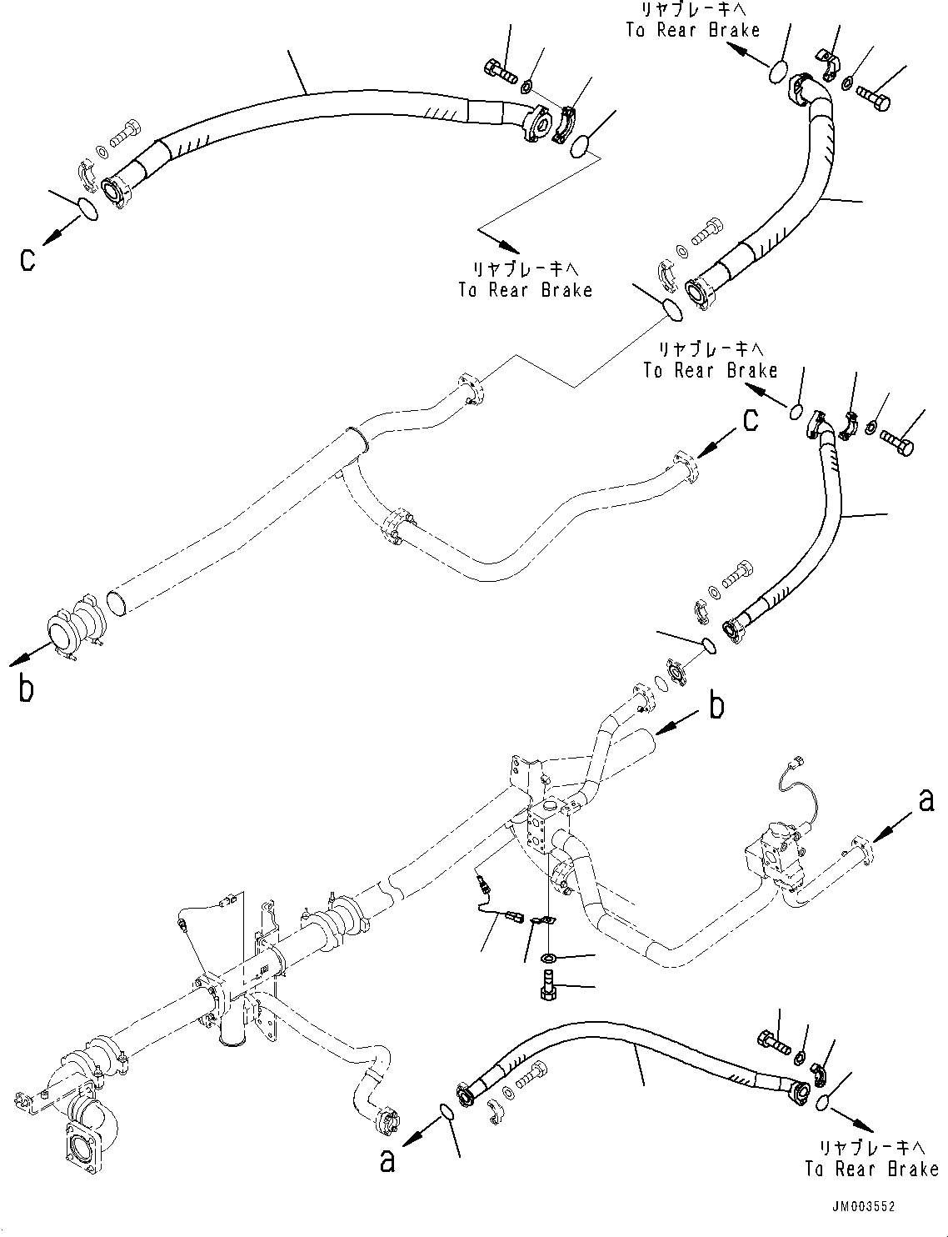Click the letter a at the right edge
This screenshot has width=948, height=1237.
926,801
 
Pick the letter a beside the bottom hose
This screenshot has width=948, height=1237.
387,1160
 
